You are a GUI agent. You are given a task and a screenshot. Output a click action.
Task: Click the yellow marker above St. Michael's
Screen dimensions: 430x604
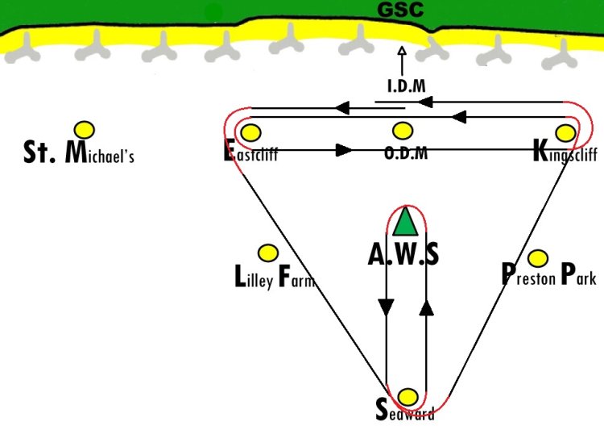84,129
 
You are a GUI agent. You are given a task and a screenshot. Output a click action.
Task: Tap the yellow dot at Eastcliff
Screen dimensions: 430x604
251,132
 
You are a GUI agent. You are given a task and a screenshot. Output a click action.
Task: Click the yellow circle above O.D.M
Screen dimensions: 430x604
402,131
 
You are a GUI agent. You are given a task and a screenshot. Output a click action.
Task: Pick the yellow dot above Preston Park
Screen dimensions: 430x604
538,259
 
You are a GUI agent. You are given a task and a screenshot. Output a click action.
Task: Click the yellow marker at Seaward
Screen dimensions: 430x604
408,397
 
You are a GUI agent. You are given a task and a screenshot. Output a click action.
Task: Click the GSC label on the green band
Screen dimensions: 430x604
401,11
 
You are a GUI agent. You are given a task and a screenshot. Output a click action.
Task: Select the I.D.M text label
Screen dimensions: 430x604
405,86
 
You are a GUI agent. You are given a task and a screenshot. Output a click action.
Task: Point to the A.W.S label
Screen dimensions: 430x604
403,255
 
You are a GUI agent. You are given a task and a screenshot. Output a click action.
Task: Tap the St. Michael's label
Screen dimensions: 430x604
78,153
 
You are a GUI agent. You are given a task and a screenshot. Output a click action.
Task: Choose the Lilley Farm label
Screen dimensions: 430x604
273,279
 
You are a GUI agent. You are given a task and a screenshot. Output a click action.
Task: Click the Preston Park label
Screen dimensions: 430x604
548,275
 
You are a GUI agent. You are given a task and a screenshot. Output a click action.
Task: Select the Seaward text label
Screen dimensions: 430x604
405,411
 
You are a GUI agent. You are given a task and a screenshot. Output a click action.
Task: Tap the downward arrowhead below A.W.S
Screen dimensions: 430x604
387,307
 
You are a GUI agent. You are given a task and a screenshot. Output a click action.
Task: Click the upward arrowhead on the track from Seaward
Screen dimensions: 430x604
427,307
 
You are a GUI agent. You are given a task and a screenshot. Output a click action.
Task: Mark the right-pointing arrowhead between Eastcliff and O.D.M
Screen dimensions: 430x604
344,149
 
